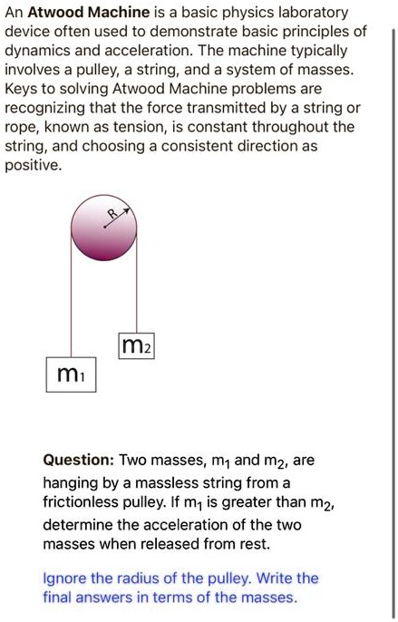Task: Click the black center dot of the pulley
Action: [x=103, y=227]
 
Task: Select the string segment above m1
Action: [x=71, y=299]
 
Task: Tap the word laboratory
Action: [x=313, y=14]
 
